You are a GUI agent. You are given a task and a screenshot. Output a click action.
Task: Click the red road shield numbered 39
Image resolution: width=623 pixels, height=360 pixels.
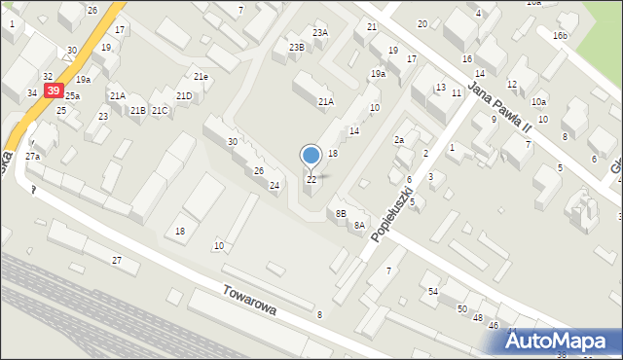(x=54, y=90)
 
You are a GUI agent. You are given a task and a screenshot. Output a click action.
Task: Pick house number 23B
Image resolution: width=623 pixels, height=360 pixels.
(x=296, y=47)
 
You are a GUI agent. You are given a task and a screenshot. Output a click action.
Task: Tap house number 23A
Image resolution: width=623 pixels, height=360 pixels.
(x=320, y=33)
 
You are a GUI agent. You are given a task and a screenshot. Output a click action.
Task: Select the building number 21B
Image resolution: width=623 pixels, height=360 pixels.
(x=138, y=111)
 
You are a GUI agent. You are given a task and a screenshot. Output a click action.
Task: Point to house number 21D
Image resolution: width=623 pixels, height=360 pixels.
(x=184, y=95)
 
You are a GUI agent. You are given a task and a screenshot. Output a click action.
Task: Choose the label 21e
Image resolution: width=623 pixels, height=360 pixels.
(x=200, y=76)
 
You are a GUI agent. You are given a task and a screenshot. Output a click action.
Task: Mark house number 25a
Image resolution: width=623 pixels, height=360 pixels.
(x=72, y=96)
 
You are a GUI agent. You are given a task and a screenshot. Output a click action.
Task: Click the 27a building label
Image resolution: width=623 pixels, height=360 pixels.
(x=33, y=157)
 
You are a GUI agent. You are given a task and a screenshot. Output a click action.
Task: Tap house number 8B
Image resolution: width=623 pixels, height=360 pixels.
(x=340, y=213)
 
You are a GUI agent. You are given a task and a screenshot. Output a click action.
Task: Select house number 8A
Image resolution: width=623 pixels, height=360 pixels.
(x=359, y=226)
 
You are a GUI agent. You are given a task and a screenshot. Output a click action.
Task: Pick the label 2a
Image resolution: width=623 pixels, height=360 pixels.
(x=399, y=141)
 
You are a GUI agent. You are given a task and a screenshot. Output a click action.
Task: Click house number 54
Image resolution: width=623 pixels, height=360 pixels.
(x=433, y=292)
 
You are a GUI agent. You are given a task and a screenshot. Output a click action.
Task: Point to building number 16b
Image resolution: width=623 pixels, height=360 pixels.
(x=559, y=36)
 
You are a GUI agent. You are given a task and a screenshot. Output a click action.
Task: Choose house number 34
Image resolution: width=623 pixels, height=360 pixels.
(x=32, y=93)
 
